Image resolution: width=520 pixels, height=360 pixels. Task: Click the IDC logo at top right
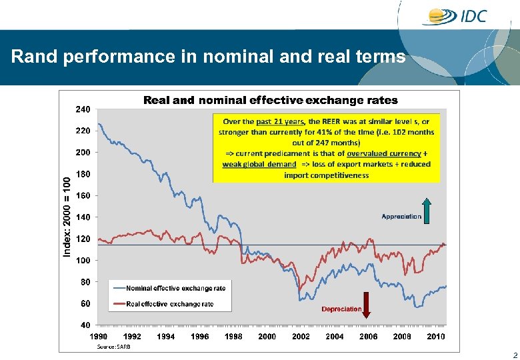pos(458,16)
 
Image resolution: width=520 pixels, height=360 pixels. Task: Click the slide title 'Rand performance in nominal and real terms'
pos(208,57)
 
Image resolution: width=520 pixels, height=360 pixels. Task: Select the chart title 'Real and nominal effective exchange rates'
pos(271,101)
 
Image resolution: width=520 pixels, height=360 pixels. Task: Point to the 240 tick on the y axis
pos(83,109)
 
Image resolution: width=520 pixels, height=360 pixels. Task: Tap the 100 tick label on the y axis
pos(83,261)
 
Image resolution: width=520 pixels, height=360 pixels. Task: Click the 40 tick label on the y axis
pos(85,325)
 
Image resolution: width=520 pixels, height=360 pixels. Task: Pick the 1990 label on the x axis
pos(99,337)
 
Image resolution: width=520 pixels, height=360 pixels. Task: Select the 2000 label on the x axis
pos(267,337)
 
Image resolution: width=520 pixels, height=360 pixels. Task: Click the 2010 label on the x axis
pos(436,337)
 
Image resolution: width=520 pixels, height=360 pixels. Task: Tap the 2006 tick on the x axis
pos(369,337)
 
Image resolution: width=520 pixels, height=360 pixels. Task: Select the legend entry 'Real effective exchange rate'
pos(170,304)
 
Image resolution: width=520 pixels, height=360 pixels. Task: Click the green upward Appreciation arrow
pos(427,211)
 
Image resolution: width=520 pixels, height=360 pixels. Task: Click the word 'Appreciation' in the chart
pos(401,217)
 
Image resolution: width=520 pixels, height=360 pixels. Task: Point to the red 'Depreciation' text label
pos(341,309)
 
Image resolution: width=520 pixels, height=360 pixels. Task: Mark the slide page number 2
pos(514,355)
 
